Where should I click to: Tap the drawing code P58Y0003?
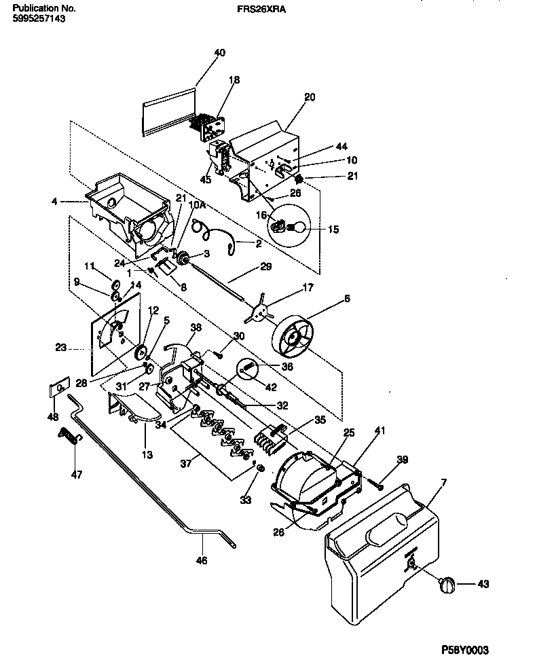(x=465, y=649)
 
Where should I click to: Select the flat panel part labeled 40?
(x=168, y=113)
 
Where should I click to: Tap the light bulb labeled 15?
(x=293, y=229)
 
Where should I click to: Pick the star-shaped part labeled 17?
(x=257, y=310)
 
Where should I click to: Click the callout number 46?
(x=202, y=561)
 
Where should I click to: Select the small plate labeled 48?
(x=59, y=389)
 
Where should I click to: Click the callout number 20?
(x=310, y=97)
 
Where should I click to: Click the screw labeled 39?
(x=375, y=484)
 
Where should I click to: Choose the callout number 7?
(x=443, y=482)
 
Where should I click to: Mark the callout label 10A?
(x=197, y=204)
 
